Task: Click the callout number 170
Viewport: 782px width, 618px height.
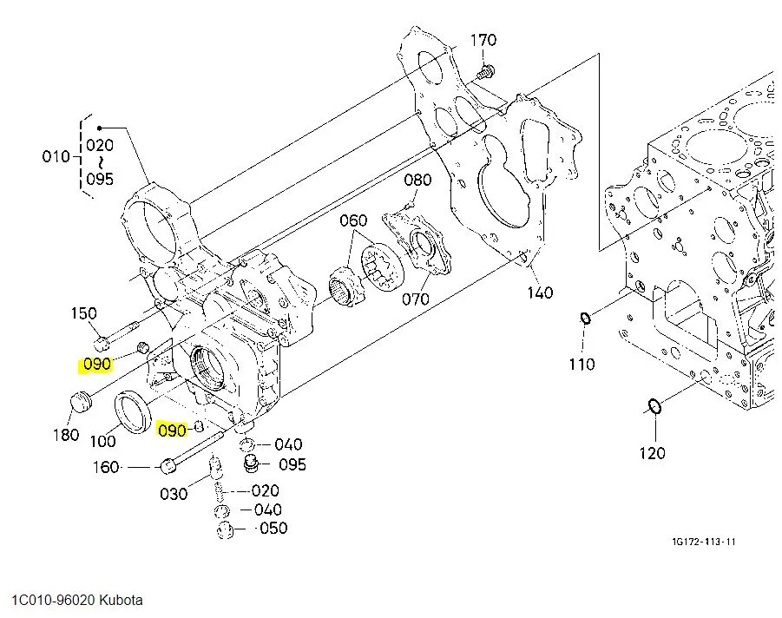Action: (x=483, y=40)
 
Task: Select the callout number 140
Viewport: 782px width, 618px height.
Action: (x=540, y=293)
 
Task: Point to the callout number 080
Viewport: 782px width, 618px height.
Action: (x=417, y=180)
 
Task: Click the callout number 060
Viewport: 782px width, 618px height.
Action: (x=353, y=220)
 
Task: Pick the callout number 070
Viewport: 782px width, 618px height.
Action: (x=416, y=299)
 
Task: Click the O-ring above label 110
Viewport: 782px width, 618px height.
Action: (x=586, y=318)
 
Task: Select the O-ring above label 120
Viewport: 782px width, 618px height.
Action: (x=654, y=406)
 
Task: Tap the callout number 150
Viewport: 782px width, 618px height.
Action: (x=83, y=313)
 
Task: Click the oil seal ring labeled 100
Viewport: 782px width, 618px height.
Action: (x=133, y=412)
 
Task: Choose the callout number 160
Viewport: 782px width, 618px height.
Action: (x=106, y=467)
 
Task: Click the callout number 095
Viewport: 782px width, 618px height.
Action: (x=292, y=464)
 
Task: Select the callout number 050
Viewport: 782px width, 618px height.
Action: (x=273, y=528)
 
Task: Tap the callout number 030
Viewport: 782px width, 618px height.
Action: (x=174, y=494)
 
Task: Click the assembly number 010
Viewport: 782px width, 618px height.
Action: (x=56, y=156)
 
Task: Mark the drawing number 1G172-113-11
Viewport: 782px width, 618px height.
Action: (x=704, y=542)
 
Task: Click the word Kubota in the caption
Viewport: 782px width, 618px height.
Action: (x=121, y=600)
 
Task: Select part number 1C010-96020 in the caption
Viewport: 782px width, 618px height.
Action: (x=53, y=600)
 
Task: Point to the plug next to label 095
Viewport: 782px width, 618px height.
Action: (x=252, y=463)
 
